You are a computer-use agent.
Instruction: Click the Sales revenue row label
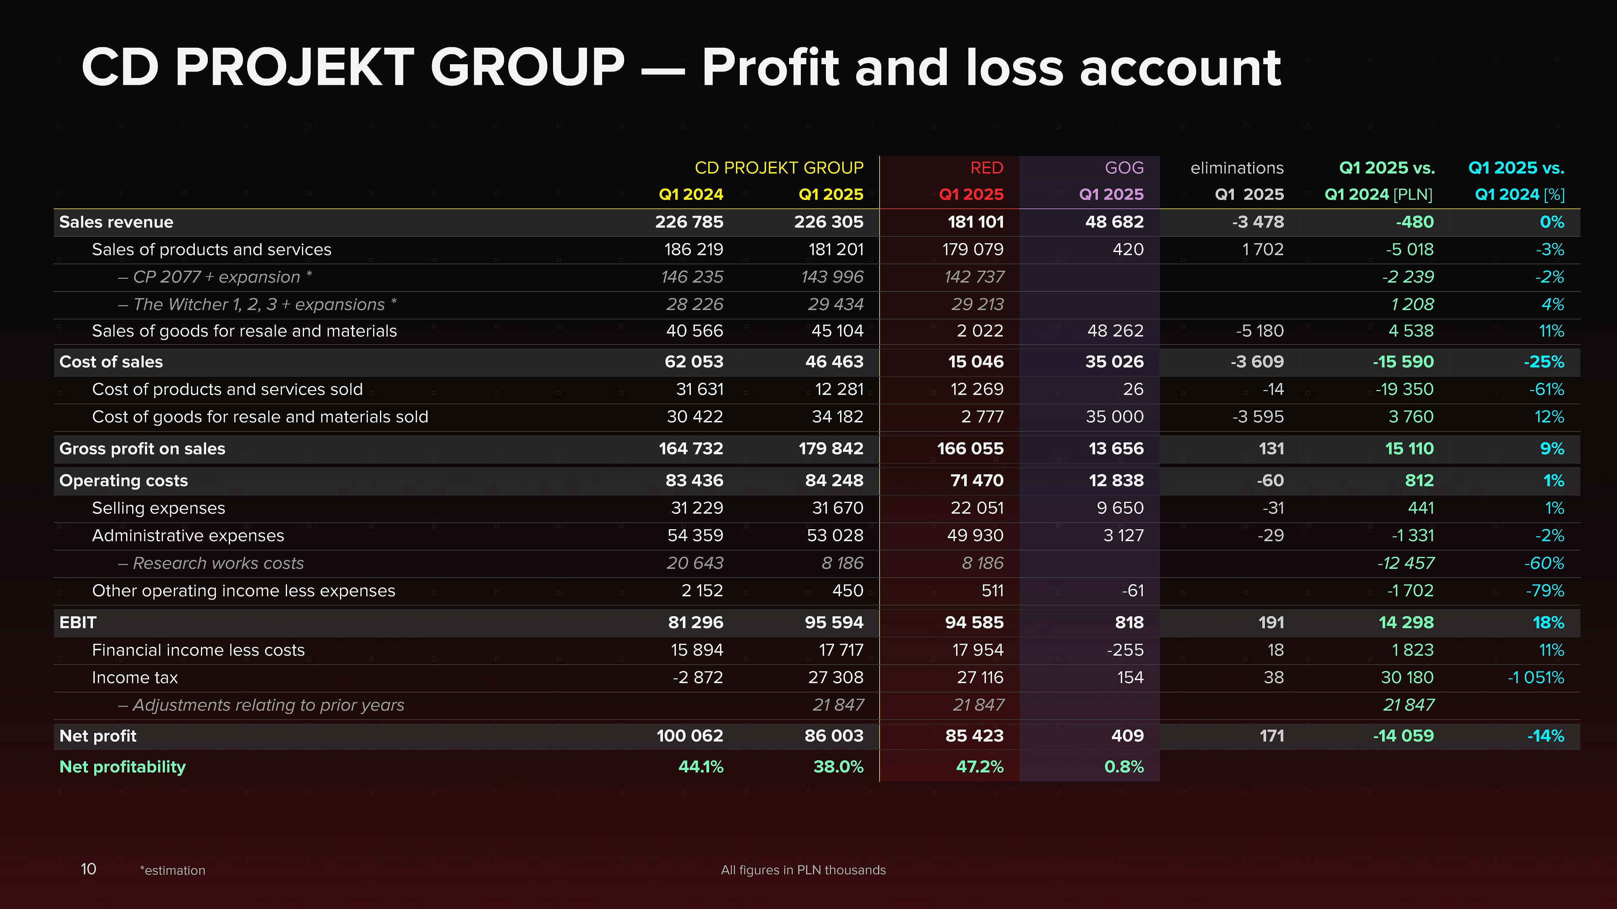pyautogui.click(x=116, y=222)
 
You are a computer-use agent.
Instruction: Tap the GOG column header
pyautogui.click(x=1124, y=168)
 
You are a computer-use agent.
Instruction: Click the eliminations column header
pyautogui.click(x=1237, y=168)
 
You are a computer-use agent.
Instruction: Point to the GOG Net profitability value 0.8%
pyautogui.click(x=1124, y=767)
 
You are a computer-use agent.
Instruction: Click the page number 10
pyautogui.click(x=89, y=869)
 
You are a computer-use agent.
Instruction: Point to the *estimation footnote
pyautogui.click(x=173, y=871)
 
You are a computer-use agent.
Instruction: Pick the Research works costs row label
pyautogui.click(x=218, y=563)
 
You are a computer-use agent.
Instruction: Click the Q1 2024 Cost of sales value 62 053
pyautogui.click(x=694, y=362)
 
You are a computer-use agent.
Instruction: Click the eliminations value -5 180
pyautogui.click(x=1259, y=331)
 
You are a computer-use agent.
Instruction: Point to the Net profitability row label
pyautogui.click(x=122, y=767)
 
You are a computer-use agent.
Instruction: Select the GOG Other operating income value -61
pyautogui.click(x=1132, y=591)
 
